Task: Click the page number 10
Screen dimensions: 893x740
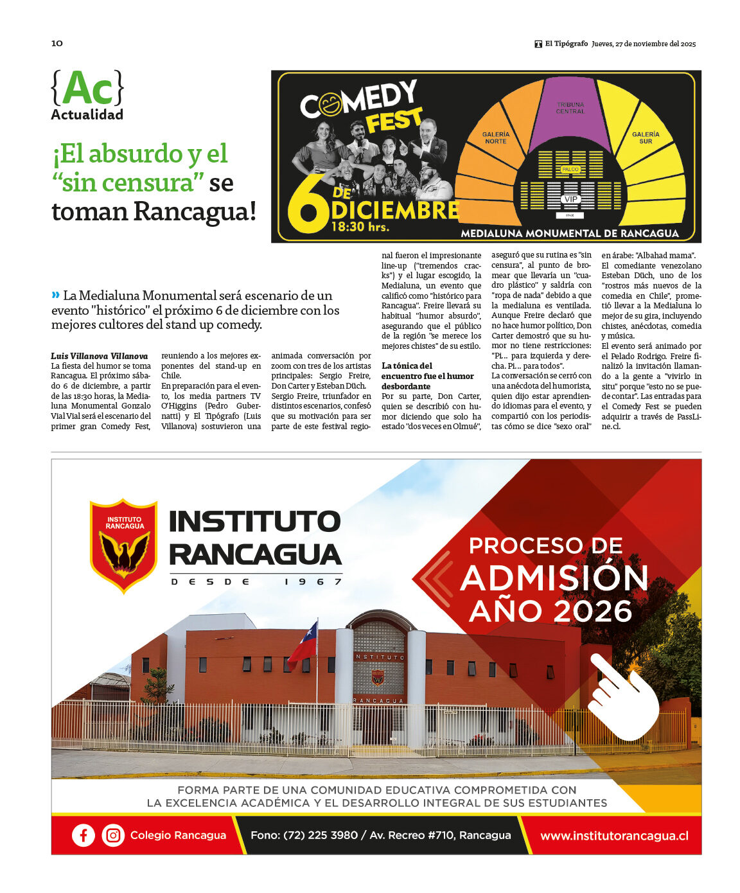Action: (x=57, y=43)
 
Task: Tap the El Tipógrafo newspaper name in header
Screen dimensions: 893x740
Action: (x=566, y=44)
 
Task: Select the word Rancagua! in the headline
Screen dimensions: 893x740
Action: (x=195, y=211)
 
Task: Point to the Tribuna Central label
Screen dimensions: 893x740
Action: (x=570, y=107)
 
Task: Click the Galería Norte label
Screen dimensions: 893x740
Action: (x=495, y=137)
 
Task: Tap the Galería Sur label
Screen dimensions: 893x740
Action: (x=645, y=137)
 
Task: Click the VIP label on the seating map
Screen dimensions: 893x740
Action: (x=570, y=199)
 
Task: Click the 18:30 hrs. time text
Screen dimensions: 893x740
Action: (x=360, y=227)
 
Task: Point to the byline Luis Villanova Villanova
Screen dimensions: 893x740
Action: (x=100, y=356)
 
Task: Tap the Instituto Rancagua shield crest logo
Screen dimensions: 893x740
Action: (x=124, y=545)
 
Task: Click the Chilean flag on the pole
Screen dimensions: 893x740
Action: (x=304, y=643)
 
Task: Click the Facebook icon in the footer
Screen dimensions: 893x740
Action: (x=84, y=835)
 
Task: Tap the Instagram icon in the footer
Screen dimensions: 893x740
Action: (x=113, y=835)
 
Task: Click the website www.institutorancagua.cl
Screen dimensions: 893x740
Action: (x=613, y=836)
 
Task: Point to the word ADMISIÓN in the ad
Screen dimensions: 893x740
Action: (x=554, y=578)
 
